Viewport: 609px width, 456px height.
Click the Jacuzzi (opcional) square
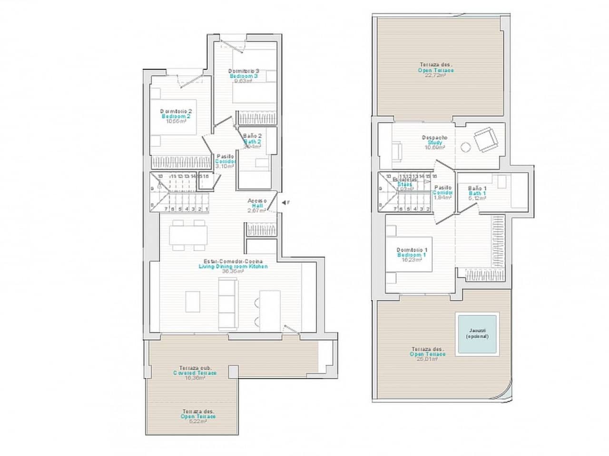click(x=477, y=334)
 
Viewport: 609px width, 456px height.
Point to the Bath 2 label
click(x=252, y=142)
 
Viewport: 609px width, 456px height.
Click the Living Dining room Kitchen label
click(x=233, y=266)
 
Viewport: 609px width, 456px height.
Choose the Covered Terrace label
click(x=195, y=373)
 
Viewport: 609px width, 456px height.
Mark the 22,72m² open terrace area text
click(x=436, y=76)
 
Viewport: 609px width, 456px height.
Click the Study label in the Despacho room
click(x=434, y=142)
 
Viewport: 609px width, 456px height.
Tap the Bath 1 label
click(x=477, y=193)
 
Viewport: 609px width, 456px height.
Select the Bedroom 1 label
click(x=412, y=255)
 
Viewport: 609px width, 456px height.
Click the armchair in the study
click(x=486, y=140)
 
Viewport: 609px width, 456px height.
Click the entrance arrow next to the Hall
click(x=284, y=203)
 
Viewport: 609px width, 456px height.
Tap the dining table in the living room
click(x=189, y=235)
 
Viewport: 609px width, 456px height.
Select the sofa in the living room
click(x=227, y=304)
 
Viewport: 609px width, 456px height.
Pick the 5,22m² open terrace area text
click(x=198, y=421)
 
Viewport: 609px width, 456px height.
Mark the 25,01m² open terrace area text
click(x=428, y=359)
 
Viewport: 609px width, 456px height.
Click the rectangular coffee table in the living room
click(x=193, y=301)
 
